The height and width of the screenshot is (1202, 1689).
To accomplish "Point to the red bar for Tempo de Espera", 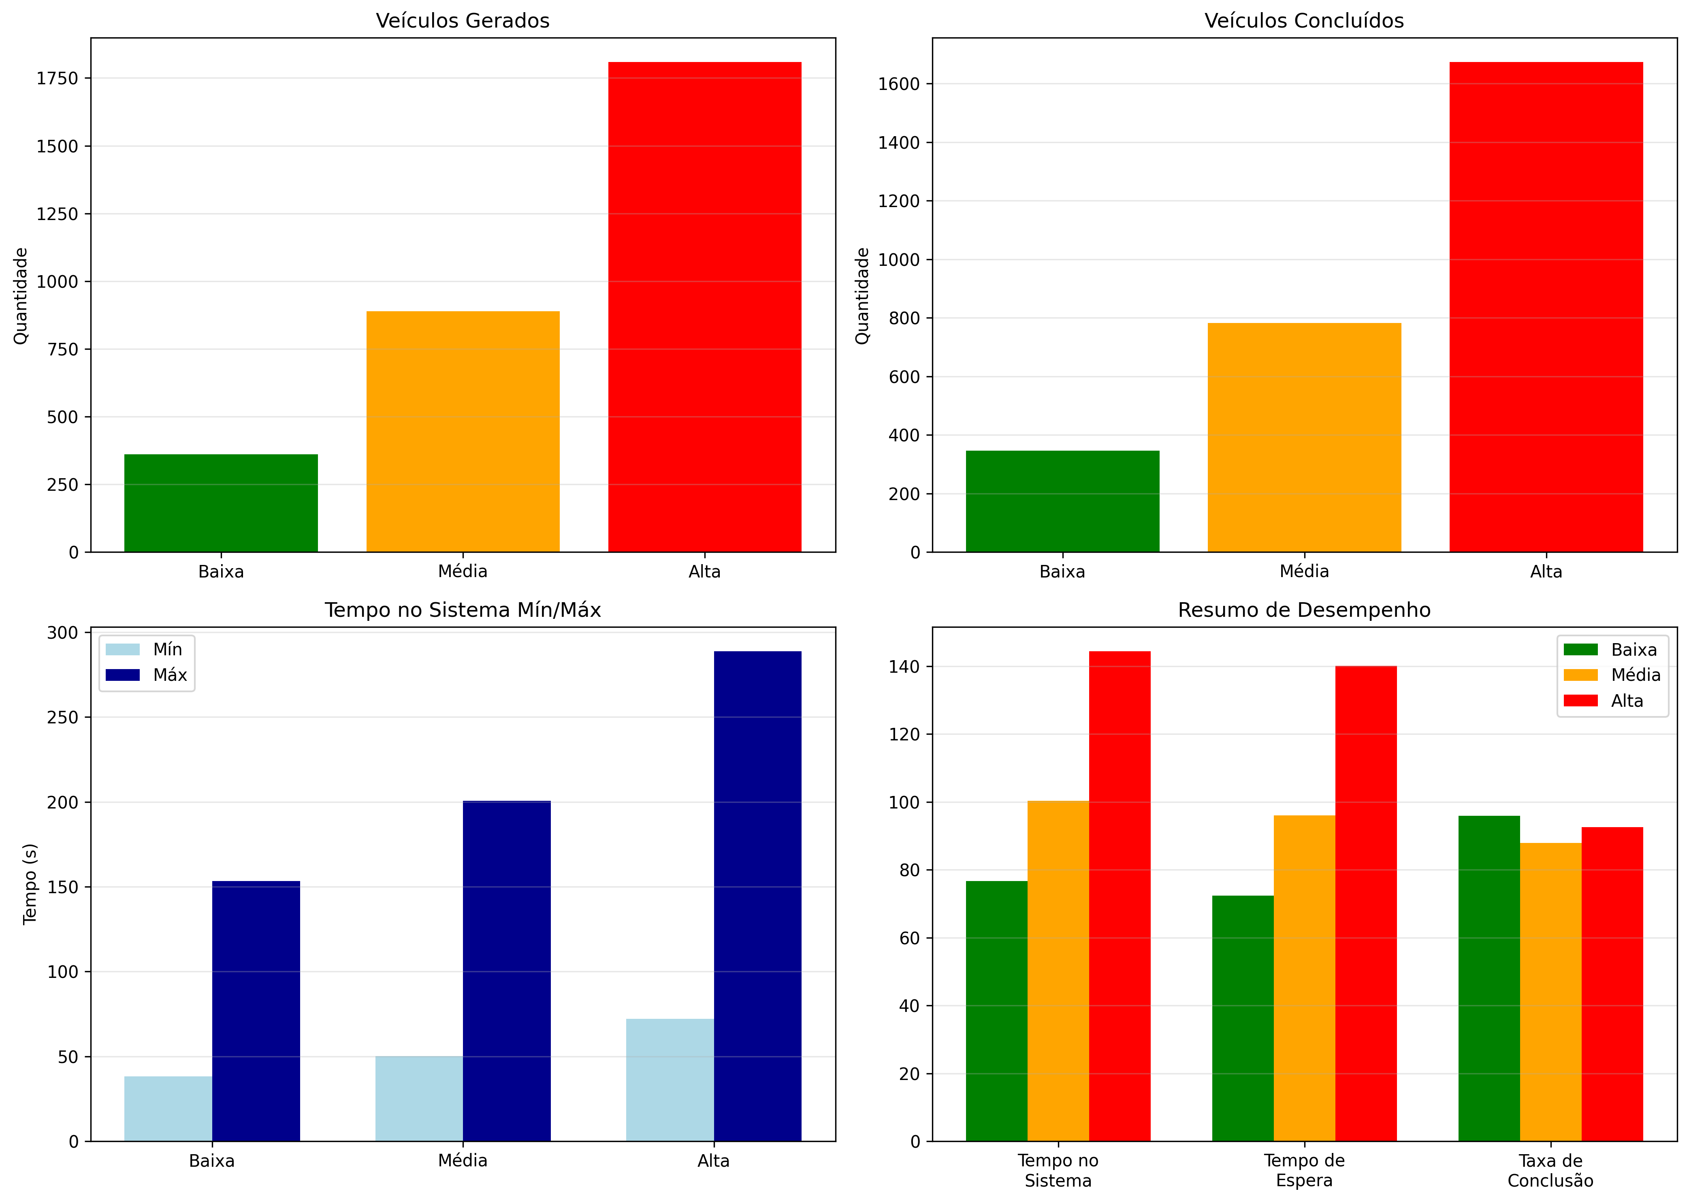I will point(1366,903).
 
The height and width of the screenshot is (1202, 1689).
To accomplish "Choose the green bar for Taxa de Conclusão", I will point(1489,978).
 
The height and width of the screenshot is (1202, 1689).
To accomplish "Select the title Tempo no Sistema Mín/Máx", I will point(463,610).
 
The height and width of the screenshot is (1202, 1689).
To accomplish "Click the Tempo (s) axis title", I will point(30,884).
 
